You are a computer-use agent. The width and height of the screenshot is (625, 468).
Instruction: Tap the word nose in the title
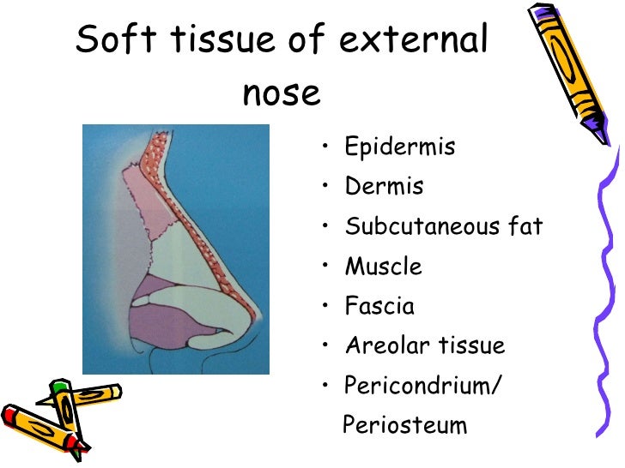[x=281, y=93]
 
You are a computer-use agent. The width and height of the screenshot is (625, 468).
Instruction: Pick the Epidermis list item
[x=399, y=147]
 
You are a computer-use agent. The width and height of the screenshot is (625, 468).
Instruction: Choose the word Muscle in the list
[x=383, y=267]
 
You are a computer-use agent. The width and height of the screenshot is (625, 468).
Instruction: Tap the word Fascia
[x=379, y=306]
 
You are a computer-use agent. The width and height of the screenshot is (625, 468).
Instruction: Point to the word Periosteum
[x=404, y=425]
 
